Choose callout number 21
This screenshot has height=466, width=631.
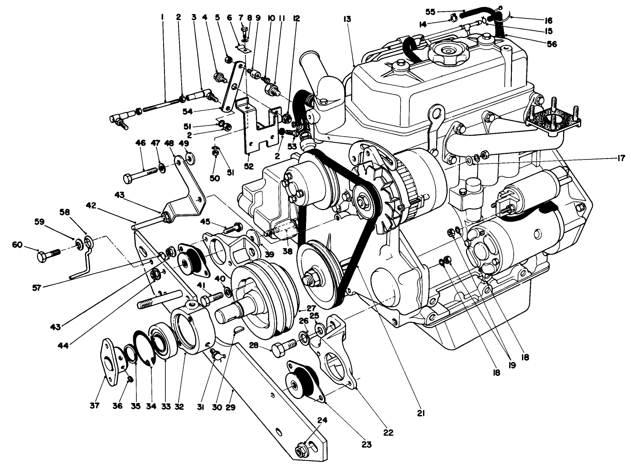[x=420, y=413]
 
